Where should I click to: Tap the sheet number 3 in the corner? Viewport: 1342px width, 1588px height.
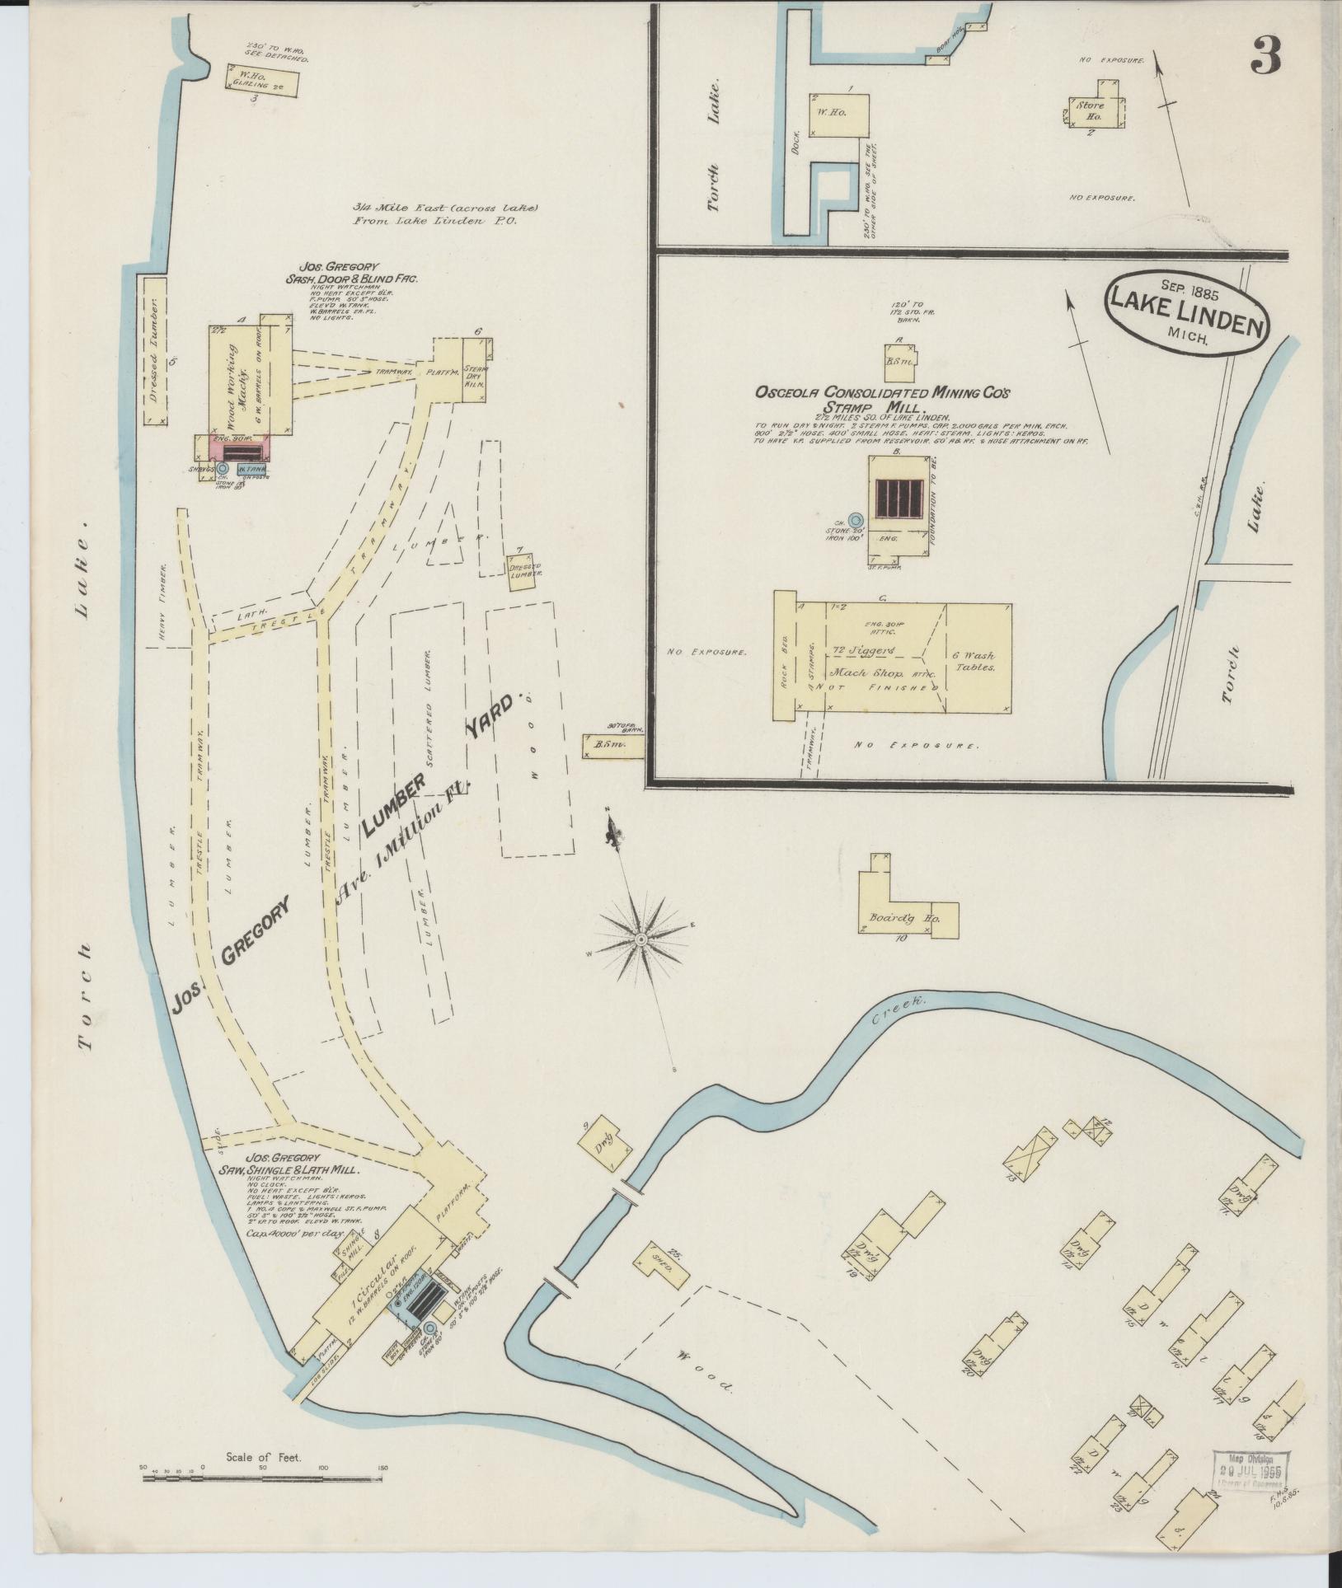click(x=1265, y=56)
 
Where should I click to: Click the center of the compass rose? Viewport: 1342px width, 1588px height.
click(x=640, y=939)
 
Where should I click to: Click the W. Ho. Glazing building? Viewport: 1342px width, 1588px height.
click(x=261, y=78)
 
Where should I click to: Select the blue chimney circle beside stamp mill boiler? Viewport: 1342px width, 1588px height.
click(x=856, y=520)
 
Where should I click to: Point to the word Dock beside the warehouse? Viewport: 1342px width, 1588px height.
click(x=795, y=144)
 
